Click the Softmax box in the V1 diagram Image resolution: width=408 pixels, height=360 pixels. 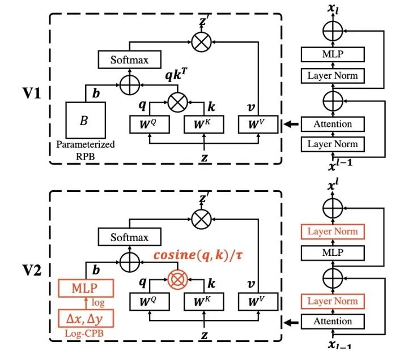pyautogui.click(x=130, y=59)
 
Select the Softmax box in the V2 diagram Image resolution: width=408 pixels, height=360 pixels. pyautogui.click(x=130, y=237)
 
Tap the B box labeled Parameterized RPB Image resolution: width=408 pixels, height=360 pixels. pyautogui.click(x=86, y=120)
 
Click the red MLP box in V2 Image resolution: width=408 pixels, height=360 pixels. pyautogui.click(x=86, y=288)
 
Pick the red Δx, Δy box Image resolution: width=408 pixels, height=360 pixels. pyautogui.click(x=86, y=318)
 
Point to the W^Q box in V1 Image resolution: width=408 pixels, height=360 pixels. pyautogui.click(x=150, y=125)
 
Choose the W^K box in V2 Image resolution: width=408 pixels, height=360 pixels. pyautogui.click(x=204, y=302)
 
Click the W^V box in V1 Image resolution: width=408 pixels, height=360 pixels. pyautogui.click(x=258, y=125)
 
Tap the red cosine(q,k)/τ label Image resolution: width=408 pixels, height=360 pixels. pyautogui.click(x=198, y=255)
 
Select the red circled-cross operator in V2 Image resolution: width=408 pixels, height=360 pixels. pyautogui.click(x=178, y=280)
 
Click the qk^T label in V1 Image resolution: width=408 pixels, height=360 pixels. pyautogui.click(x=176, y=75)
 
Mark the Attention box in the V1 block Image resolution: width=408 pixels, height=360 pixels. pyautogui.click(x=333, y=125)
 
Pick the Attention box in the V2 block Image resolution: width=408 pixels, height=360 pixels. pyautogui.click(x=333, y=322)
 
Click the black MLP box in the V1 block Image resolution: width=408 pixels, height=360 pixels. pyautogui.click(x=333, y=54)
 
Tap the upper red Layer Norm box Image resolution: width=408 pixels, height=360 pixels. pyautogui.click(x=333, y=232)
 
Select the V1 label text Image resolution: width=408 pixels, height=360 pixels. pyautogui.click(x=32, y=93)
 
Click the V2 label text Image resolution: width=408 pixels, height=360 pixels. pyautogui.click(x=32, y=271)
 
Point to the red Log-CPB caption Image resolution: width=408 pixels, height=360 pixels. pyautogui.click(x=84, y=333)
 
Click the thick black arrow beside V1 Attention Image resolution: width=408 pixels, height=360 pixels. pyautogui.click(x=291, y=125)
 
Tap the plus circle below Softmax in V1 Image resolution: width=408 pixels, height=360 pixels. pyautogui.click(x=130, y=85)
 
